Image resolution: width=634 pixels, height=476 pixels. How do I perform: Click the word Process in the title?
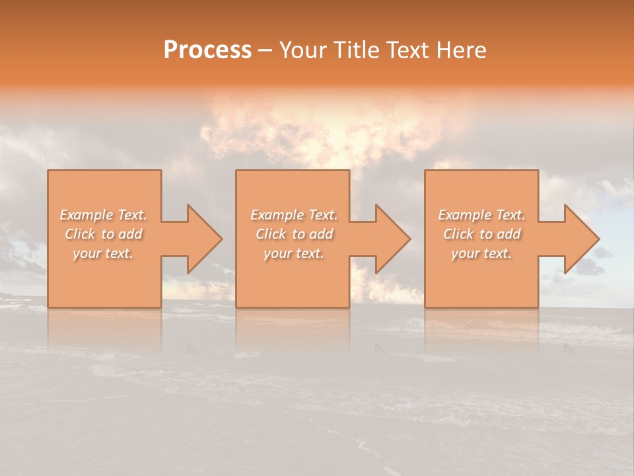[207, 50]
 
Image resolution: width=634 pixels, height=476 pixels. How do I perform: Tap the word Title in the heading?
[356, 50]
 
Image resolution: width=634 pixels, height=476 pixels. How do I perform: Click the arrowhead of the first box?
[202, 239]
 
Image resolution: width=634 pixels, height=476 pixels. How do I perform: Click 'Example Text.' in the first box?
[103, 215]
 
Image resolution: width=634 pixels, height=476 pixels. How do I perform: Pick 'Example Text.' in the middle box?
[294, 215]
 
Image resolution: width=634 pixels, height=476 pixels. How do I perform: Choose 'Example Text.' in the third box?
[481, 215]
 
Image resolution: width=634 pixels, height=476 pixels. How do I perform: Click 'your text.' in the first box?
[103, 253]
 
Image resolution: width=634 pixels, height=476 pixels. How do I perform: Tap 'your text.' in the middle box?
[294, 253]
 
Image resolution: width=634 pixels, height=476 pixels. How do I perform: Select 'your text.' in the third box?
[481, 253]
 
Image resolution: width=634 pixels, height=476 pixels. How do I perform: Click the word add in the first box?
[131, 234]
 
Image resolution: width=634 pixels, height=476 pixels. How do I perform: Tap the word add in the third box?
[509, 234]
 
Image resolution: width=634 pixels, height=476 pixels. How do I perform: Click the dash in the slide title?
[265, 50]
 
